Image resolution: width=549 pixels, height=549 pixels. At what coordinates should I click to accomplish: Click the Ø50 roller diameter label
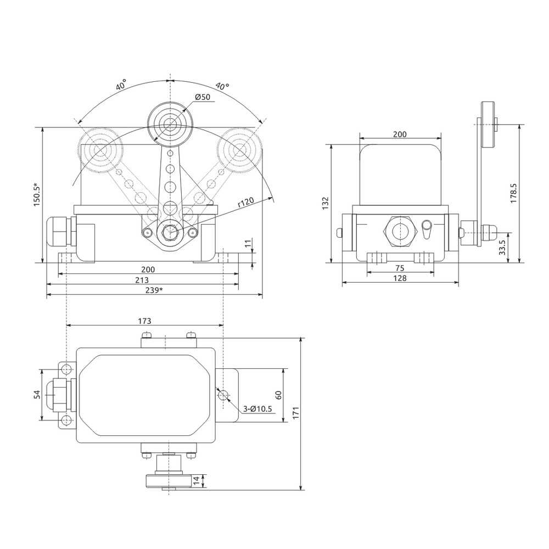pyautogui.click(x=203, y=97)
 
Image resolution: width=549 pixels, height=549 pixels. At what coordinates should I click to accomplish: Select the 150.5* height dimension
pyautogui.click(x=37, y=195)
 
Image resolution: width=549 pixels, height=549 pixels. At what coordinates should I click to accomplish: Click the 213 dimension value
pyautogui.click(x=142, y=280)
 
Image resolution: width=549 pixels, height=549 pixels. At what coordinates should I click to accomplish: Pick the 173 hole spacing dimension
pyautogui.click(x=144, y=321)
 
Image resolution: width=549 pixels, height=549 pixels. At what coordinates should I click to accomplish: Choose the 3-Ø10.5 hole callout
pyautogui.click(x=257, y=408)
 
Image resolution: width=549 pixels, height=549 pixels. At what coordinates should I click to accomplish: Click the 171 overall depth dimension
pyautogui.click(x=296, y=413)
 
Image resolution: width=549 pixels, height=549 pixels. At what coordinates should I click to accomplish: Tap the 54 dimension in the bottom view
pyautogui.click(x=37, y=394)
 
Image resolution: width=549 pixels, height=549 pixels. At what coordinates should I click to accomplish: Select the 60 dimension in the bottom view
pyautogui.click(x=279, y=395)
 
